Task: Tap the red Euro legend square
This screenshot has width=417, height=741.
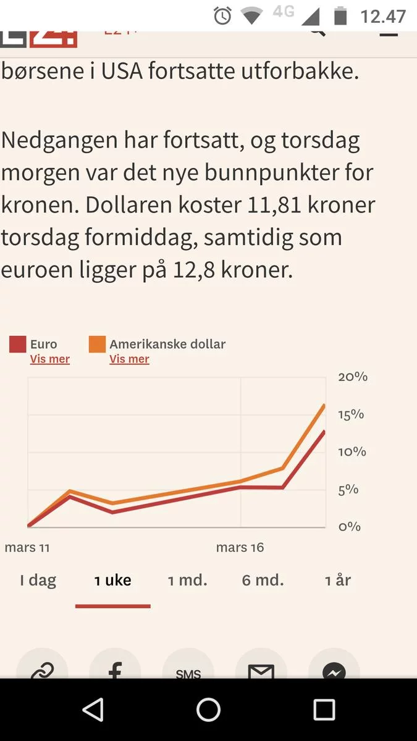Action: tap(17, 345)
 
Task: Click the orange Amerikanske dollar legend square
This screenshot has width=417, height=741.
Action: tap(97, 345)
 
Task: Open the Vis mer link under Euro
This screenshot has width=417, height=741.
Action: tap(49, 359)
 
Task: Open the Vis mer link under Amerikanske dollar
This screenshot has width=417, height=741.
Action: tap(129, 359)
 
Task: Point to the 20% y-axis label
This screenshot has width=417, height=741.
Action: tap(352, 377)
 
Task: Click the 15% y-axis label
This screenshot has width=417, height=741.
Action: tap(351, 414)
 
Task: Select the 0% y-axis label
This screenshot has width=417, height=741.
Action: tap(349, 527)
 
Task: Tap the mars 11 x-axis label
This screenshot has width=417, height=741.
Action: tap(27, 548)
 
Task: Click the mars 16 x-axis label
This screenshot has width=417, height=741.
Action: tap(240, 548)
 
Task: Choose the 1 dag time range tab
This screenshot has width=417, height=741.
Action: tap(38, 580)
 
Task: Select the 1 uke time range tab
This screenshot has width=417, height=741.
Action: tap(112, 580)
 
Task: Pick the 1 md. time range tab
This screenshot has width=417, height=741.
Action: tap(188, 580)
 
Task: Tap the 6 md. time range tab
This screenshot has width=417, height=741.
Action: tap(263, 580)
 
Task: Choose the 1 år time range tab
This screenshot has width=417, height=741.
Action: tap(338, 580)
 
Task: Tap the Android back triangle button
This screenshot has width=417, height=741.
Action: tap(93, 710)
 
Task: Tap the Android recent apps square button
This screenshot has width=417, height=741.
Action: tap(324, 710)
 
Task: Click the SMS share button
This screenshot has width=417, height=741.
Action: tap(188, 670)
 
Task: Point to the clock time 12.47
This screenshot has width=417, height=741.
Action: tap(383, 16)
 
